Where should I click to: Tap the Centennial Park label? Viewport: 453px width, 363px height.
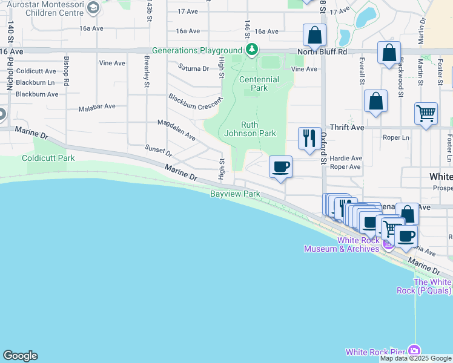click(259, 83)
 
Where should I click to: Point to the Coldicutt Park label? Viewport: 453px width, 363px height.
click(48, 158)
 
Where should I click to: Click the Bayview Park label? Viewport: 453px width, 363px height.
click(235, 194)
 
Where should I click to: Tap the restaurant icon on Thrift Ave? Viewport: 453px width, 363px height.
click(309, 138)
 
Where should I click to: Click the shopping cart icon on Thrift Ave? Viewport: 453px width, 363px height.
click(426, 113)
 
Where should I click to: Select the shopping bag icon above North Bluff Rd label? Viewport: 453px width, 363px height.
click(314, 35)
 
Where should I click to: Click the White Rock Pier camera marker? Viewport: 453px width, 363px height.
click(414, 351)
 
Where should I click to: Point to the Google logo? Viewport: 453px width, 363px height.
click(20, 356)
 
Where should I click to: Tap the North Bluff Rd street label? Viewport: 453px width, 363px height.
click(322, 52)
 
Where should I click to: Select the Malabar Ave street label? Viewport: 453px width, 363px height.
click(97, 106)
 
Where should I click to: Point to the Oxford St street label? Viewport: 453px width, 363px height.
click(323, 145)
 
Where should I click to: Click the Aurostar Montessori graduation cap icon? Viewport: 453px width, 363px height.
click(93, 8)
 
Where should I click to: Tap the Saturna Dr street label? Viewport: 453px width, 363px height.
click(193, 69)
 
